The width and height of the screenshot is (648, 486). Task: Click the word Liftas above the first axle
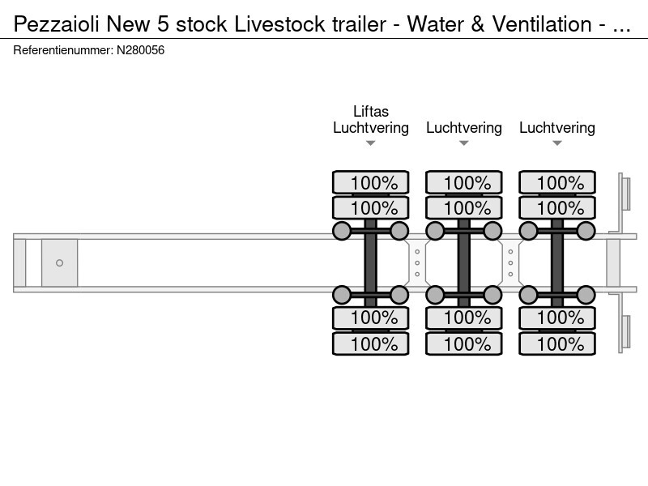371,111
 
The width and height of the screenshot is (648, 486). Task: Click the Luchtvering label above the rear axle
557,128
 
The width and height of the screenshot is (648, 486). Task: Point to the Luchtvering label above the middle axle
464,128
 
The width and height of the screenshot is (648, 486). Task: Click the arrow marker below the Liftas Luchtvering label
371,143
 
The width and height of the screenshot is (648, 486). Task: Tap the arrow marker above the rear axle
557,143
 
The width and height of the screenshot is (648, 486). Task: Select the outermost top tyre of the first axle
371,182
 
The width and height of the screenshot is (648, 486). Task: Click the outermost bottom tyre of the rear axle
557,344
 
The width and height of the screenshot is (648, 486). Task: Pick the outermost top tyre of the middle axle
464,182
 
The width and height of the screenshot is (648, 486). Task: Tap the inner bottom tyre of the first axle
371,318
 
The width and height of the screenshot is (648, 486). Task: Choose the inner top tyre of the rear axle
557,208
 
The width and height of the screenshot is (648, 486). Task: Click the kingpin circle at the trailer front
59,262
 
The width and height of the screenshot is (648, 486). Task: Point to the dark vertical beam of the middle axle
464,262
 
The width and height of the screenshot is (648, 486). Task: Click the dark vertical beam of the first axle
371,262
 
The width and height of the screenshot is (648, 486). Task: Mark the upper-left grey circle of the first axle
342,232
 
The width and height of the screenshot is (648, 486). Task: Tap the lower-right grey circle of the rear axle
586,293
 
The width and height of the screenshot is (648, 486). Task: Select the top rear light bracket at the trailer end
625,194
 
